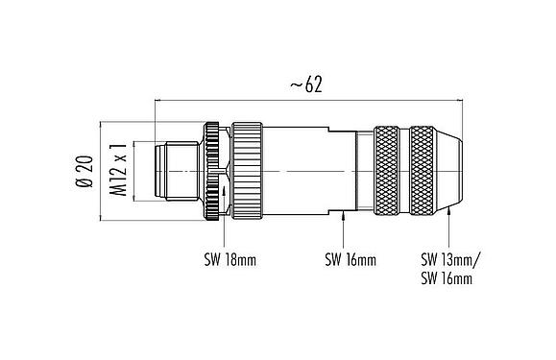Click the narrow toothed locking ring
point(211,171)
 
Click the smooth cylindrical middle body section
point(307,171)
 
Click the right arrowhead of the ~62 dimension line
point(459,98)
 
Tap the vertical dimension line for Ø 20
point(101,171)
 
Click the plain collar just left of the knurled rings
point(364,171)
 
